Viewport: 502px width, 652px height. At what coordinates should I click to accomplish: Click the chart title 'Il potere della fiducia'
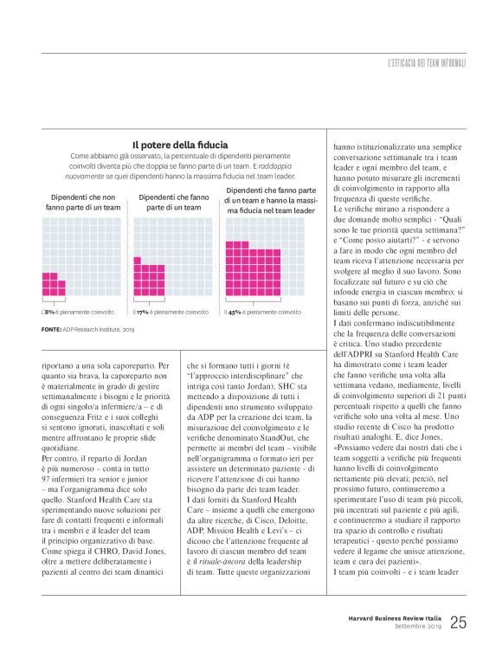[x=180, y=145]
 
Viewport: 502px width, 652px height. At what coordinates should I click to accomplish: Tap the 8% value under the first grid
[x=49, y=311]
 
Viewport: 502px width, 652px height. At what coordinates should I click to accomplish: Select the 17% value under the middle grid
[x=142, y=311]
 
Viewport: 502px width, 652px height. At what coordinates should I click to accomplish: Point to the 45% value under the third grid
[x=234, y=311]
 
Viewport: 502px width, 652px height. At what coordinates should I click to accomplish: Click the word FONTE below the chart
[x=50, y=330]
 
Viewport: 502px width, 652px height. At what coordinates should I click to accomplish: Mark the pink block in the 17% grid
[x=149, y=280]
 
